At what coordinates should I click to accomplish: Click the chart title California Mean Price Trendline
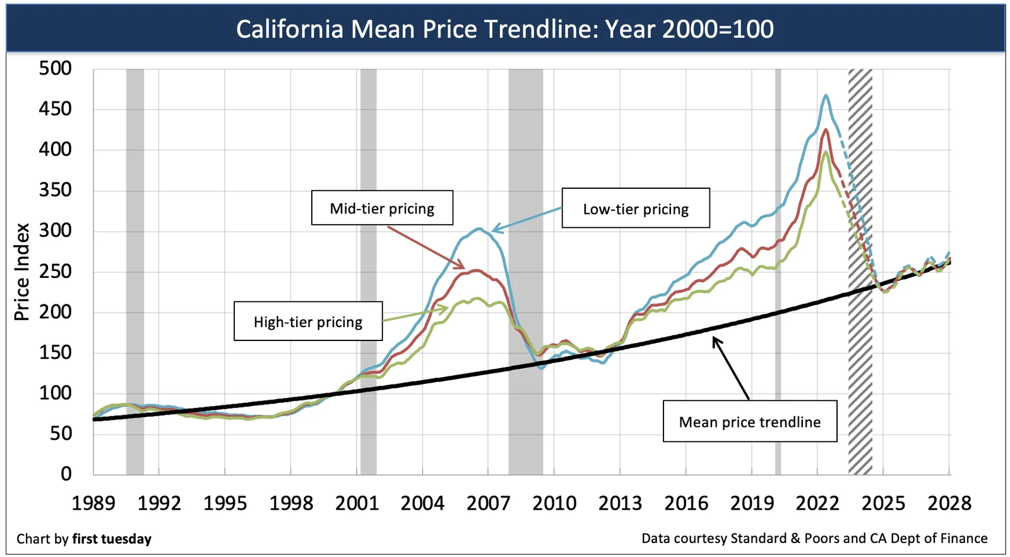point(504,29)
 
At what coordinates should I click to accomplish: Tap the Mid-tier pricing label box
point(382,208)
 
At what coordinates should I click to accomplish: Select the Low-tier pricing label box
point(636,208)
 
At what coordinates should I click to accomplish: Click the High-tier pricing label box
point(308,321)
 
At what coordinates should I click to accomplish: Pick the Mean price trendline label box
point(750,421)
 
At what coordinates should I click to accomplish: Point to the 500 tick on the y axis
point(56,68)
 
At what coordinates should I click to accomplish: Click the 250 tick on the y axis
point(56,271)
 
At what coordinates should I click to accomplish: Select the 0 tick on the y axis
point(66,474)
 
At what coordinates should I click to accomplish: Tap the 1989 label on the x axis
point(93,503)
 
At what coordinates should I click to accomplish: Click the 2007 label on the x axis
point(488,503)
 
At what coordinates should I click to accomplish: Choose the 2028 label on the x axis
point(949,503)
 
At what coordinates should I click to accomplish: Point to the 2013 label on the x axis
point(620,503)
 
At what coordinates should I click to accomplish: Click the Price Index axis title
point(22,272)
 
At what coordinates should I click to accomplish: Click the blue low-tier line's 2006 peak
point(480,229)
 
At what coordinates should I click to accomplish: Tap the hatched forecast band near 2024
point(860,272)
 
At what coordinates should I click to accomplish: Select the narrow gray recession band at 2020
point(778,272)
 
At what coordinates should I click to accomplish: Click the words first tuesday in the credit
point(112,539)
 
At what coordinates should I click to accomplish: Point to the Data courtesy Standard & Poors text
point(814,538)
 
